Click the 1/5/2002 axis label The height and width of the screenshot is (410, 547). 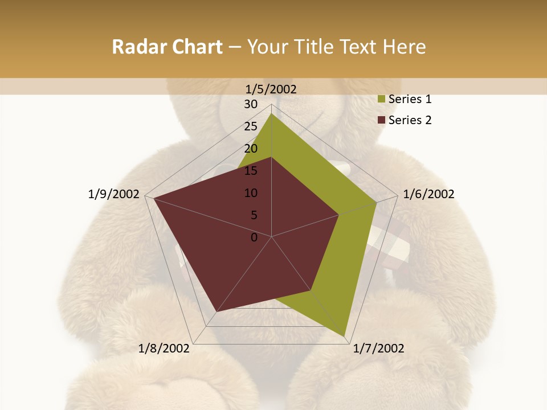pos(271,89)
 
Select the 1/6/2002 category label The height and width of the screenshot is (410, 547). pos(428,194)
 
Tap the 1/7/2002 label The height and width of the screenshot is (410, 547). pos(378,348)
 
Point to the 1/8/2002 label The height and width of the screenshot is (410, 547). pos(164,348)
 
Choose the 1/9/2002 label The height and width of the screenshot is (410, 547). pos(114,194)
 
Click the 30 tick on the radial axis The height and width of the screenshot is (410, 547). pos(251,104)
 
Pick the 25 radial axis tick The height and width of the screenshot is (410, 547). pos(251,126)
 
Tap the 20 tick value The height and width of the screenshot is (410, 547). pos(251,149)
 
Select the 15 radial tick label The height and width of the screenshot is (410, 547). pos(251,171)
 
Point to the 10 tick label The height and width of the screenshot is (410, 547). pos(251,193)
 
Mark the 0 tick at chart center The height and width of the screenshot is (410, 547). pos(254,237)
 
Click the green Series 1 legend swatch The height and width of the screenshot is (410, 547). pos(382,100)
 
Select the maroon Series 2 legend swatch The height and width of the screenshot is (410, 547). pos(382,120)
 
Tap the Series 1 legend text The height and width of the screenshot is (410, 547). pos(410,99)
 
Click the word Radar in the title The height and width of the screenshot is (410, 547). pos(137,47)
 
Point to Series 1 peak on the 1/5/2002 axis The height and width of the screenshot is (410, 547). pos(271,113)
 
